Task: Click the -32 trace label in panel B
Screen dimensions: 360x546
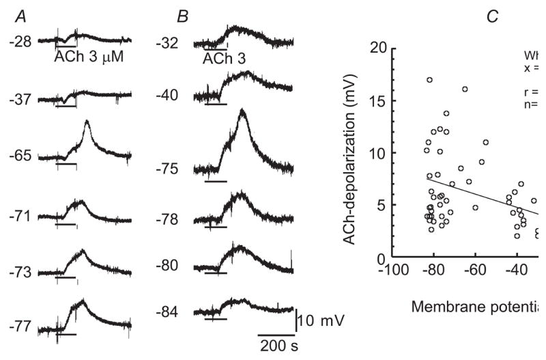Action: [x=167, y=44]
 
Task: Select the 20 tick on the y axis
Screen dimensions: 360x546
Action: [x=374, y=48]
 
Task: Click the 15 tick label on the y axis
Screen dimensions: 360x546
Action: [x=374, y=100]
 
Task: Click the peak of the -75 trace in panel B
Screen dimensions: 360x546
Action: [x=242, y=111]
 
